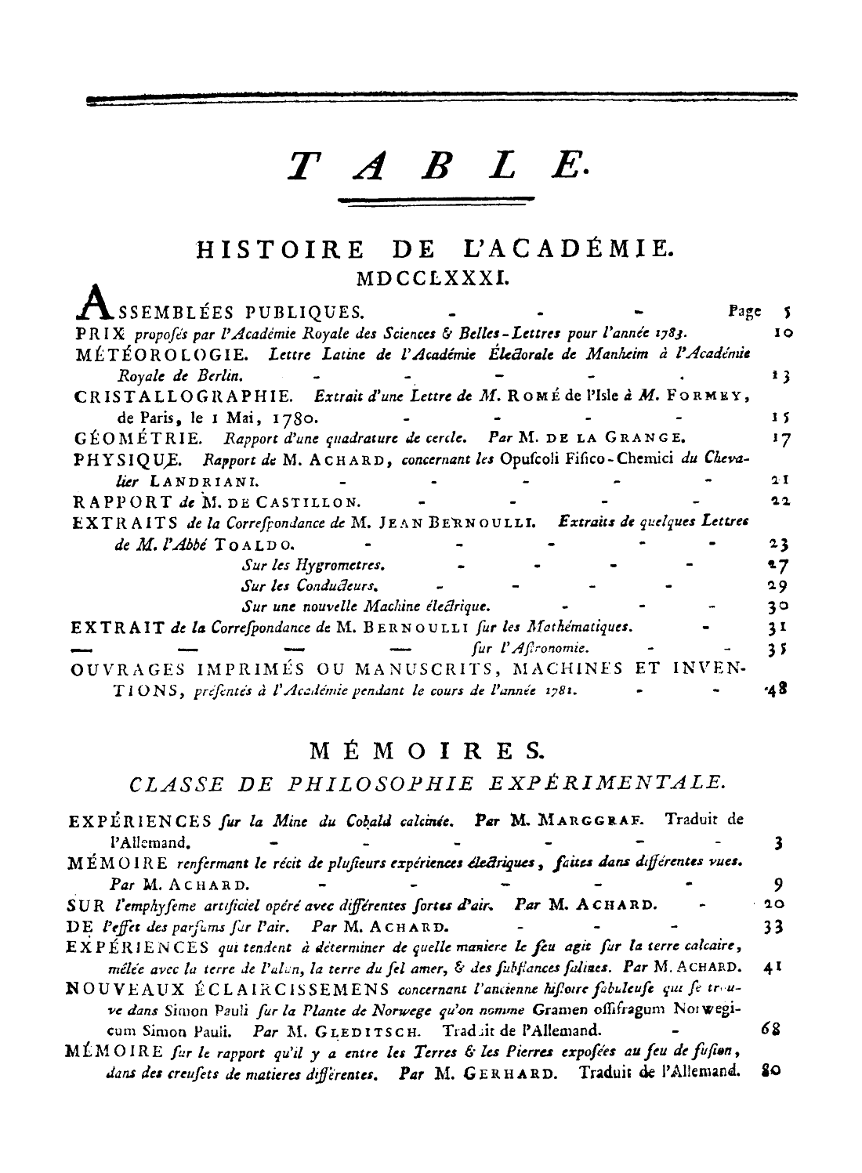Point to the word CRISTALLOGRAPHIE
(x=185, y=396)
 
